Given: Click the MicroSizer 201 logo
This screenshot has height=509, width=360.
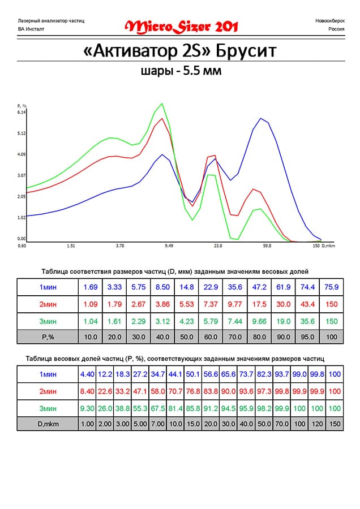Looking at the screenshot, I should [181, 26].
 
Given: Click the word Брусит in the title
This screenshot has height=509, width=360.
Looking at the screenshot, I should [246, 51].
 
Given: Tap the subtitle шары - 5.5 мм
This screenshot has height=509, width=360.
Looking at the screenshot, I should [181, 71].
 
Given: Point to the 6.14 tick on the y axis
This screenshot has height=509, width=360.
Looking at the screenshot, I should [22, 112].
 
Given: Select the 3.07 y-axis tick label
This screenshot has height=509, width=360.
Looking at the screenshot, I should [22, 175].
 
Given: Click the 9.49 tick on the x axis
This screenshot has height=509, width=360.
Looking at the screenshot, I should [169, 246].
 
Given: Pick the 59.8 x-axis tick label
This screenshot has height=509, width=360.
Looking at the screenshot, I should [267, 246].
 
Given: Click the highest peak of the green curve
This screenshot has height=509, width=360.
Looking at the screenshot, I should [162, 103].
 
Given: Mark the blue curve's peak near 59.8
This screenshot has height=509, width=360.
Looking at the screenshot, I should [261, 118].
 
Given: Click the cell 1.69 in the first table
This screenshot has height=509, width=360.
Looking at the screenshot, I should [91, 287].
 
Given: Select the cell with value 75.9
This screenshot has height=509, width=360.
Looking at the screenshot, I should [332, 287].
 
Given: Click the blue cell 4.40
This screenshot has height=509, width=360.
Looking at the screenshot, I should [87, 374].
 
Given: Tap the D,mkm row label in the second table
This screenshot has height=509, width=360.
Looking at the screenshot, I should [48, 423].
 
